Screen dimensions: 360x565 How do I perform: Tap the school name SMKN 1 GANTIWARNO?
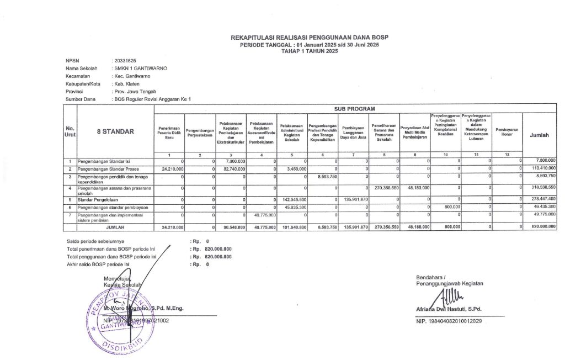point(140,68)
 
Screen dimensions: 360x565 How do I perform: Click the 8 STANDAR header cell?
point(115,132)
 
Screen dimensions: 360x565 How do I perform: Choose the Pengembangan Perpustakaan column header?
point(200,133)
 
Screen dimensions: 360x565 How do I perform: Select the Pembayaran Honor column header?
point(507,132)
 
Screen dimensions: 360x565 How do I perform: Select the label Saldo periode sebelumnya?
point(95,241)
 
